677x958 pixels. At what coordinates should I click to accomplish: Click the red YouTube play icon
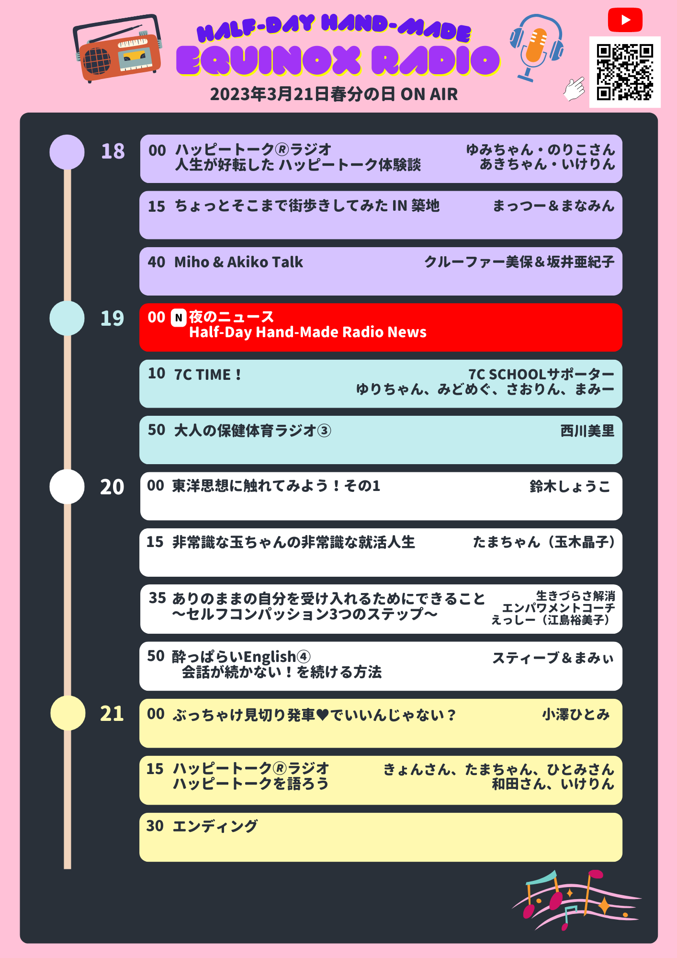[625, 20]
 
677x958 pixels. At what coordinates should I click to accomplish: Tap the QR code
[625, 72]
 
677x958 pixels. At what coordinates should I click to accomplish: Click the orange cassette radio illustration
[118, 50]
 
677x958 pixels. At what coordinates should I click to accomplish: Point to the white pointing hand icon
[574, 89]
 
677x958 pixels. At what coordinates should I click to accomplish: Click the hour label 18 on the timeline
[113, 151]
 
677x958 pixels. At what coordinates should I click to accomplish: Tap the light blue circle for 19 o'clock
[67, 318]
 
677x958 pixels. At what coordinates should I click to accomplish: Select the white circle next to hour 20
[67, 487]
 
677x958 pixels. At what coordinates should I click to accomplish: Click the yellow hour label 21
[112, 714]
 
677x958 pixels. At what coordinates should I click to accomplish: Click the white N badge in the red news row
[179, 318]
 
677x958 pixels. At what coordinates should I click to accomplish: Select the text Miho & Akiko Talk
[238, 262]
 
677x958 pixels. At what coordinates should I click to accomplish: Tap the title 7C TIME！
[208, 375]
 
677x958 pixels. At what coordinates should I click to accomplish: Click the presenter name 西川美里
[587, 431]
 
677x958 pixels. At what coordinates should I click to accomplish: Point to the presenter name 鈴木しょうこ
[570, 487]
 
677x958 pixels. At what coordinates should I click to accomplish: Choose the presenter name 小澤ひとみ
[575, 715]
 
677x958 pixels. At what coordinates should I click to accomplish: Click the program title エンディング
[215, 826]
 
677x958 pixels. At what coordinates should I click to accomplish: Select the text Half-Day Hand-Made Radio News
[307, 332]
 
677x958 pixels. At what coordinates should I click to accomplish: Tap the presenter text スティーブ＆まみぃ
[553, 658]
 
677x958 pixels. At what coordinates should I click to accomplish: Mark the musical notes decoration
[577, 899]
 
